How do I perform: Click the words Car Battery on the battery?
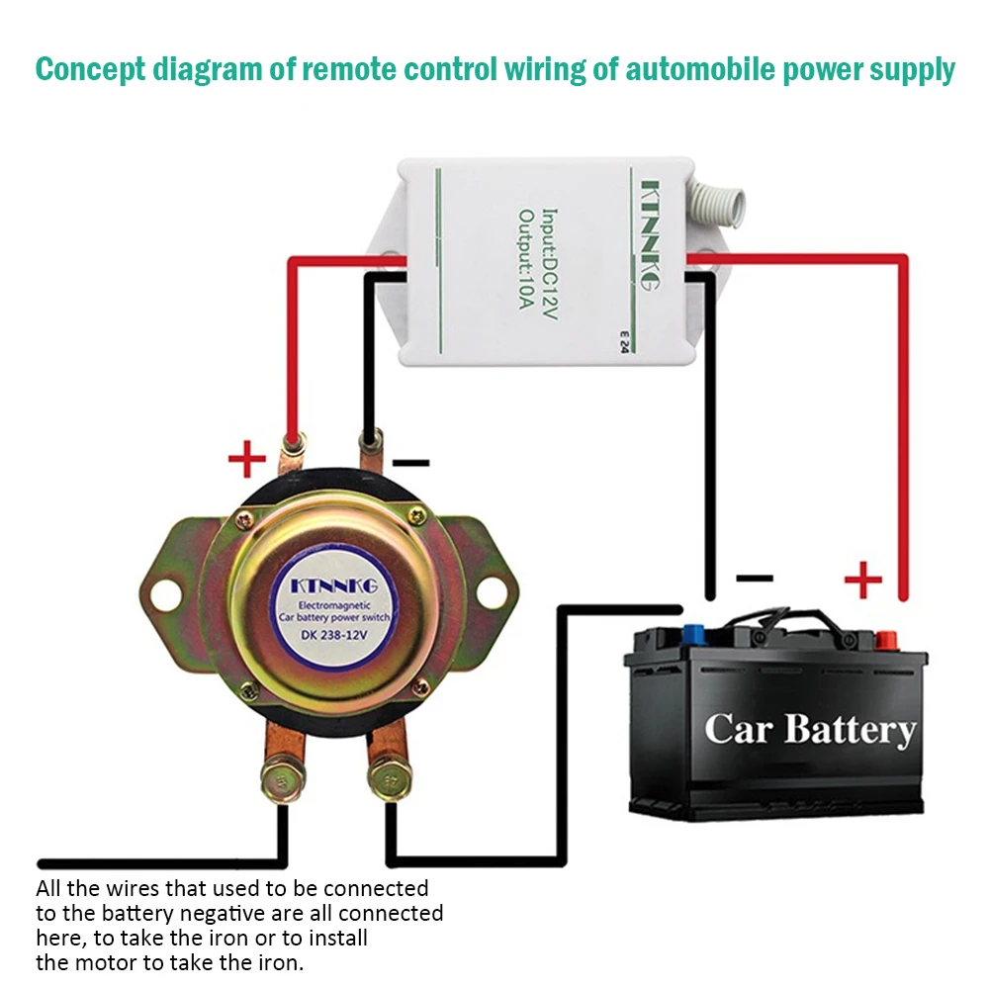click(809, 730)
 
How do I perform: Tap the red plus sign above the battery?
click(863, 580)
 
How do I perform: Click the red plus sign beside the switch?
click(247, 459)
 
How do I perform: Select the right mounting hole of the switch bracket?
click(492, 592)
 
